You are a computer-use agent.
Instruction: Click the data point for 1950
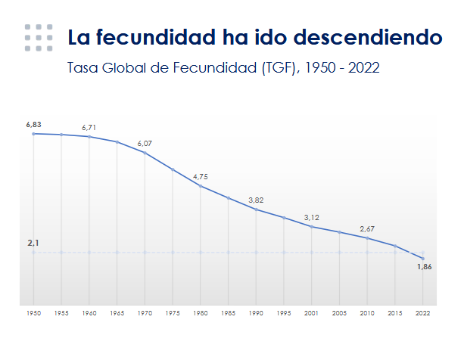(x=33, y=134)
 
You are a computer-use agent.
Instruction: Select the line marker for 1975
(x=173, y=169)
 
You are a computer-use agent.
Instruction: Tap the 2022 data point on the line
(x=423, y=259)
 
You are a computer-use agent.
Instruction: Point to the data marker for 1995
(x=284, y=218)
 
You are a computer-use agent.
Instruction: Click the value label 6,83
(x=33, y=125)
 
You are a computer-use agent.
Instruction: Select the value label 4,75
(x=201, y=177)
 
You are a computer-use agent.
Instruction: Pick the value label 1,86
(x=425, y=267)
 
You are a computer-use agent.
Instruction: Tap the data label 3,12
(x=312, y=218)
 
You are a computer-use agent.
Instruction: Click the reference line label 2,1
(x=33, y=243)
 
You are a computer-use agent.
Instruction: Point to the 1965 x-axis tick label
(x=117, y=313)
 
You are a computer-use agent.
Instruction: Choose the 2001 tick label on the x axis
(x=311, y=313)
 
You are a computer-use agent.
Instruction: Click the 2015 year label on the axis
(x=395, y=313)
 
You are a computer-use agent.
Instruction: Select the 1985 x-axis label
(x=228, y=313)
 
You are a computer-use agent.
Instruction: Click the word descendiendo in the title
(x=368, y=37)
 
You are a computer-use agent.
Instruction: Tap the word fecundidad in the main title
(x=156, y=37)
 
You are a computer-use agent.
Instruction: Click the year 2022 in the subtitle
(x=363, y=67)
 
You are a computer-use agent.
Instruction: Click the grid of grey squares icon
(x=39, y=38)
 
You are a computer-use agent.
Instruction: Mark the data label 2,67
(x=367, y=228)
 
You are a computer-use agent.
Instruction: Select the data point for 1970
(x=145, y=153)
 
